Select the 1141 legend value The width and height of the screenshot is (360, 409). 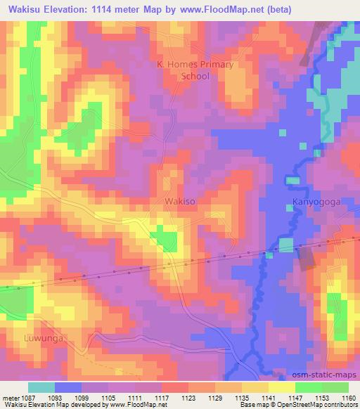268,397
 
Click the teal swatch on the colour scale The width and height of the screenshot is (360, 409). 41,387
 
